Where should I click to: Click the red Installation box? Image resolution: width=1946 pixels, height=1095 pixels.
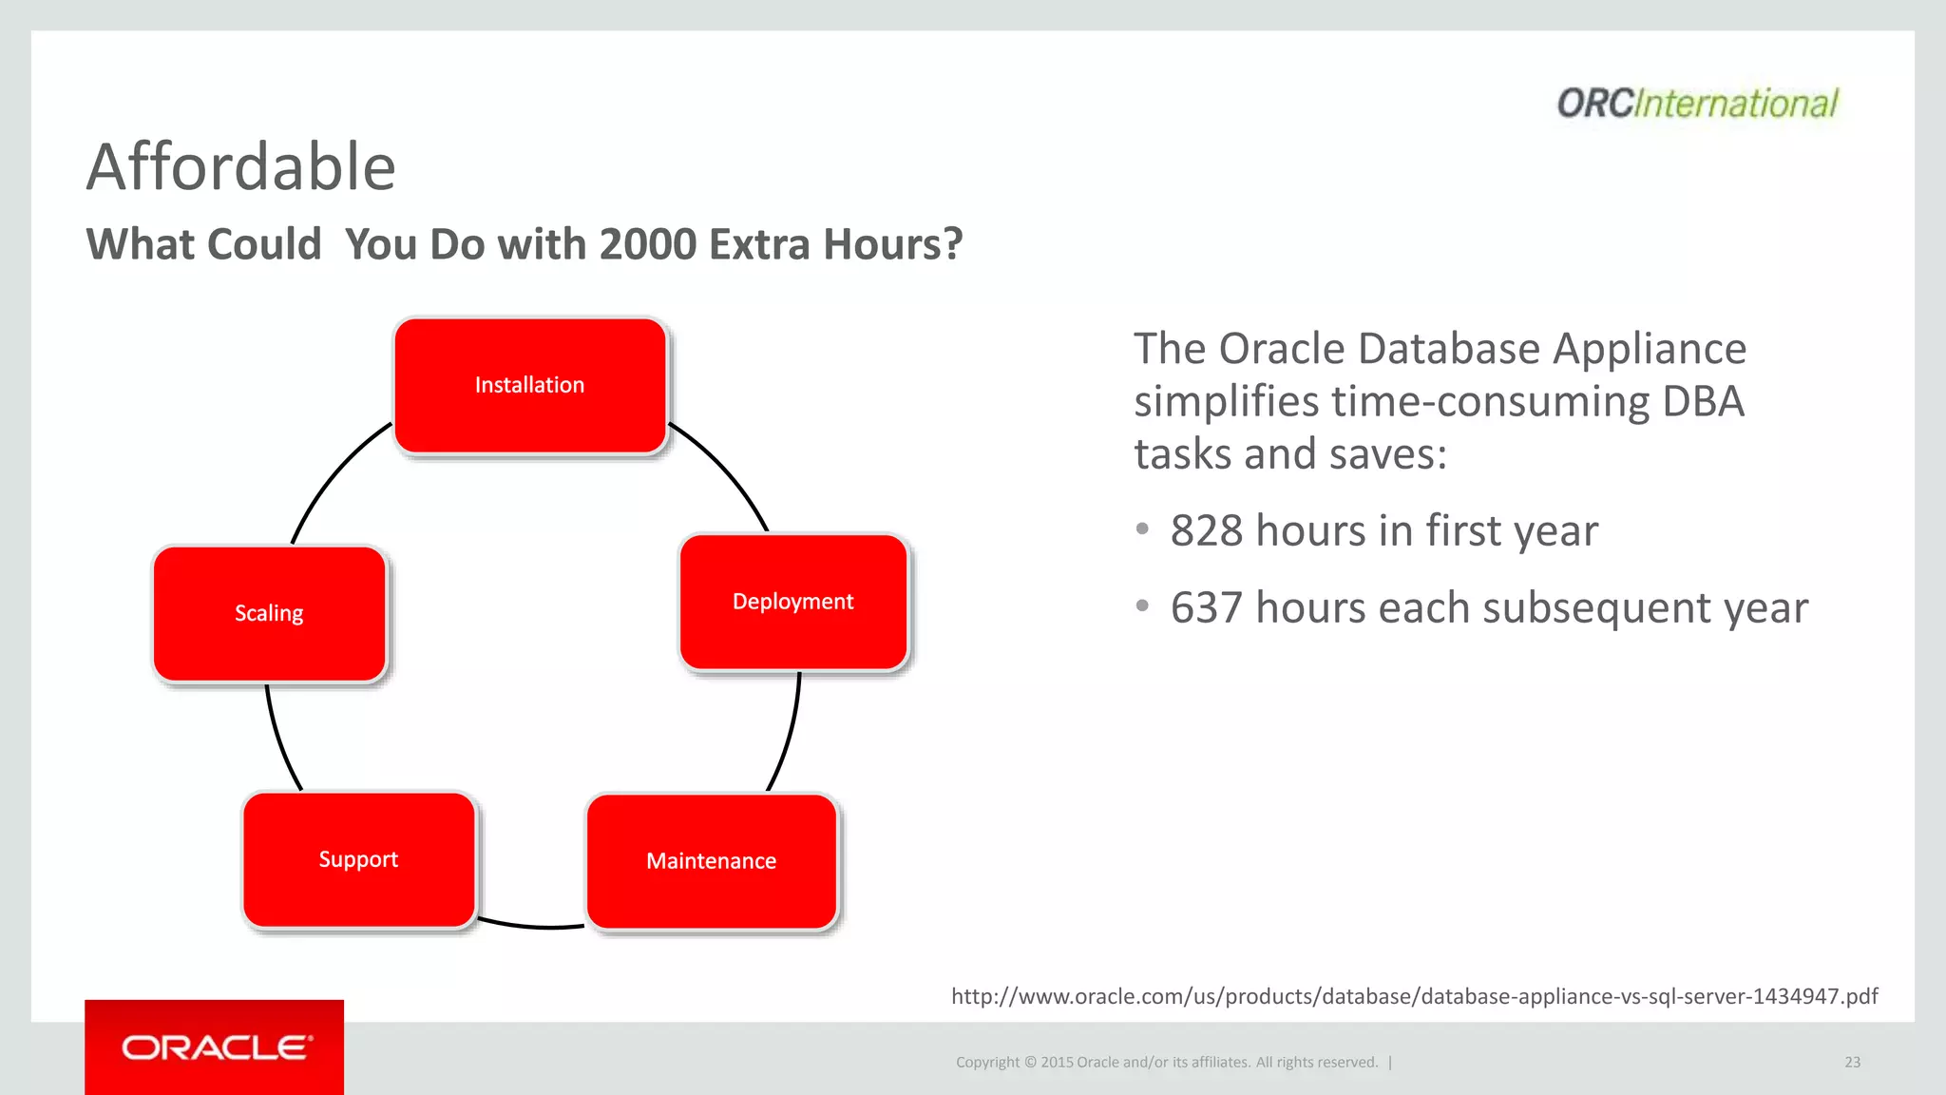pyautogui.click(x=529, y=385)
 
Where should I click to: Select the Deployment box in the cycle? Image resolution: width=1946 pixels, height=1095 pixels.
pyautogui.click(x=793, y=602)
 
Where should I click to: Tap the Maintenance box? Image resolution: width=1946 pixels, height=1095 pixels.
pyautogui.click(x=712, y=861)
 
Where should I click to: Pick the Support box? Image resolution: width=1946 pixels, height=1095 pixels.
pyautogui.click(x=358, y=859)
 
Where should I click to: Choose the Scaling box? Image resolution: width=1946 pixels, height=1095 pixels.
pyautogui.click(x=269, y=613)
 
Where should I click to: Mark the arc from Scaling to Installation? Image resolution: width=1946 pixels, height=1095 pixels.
pyautogui.click(x=333, y=471)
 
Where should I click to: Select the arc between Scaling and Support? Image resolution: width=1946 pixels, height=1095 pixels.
pyautogui.click(x=278, y=741)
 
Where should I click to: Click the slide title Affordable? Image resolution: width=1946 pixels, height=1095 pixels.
pyautogui.click(x=240, y=166)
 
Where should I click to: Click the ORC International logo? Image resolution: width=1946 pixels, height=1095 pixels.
pyautogui.click(x=1697, y=103)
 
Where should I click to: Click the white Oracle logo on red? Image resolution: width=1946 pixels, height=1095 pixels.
pyautogui.click(x=216, y=1047)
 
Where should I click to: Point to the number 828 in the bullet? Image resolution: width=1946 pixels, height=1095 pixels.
pyautogui.click(x=1206, y=530)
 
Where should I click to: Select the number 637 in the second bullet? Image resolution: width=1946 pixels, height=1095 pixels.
pyautogui.click(x=1206, y=607)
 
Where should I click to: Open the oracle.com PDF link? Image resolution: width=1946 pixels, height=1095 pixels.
pyautogui.click(x=1414, y=996)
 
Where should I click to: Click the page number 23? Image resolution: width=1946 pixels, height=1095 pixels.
pyautogui.click(x=1852, y=1062)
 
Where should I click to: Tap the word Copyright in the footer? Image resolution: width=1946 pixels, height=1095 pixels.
pyautogui.click(x=987, y=1062)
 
